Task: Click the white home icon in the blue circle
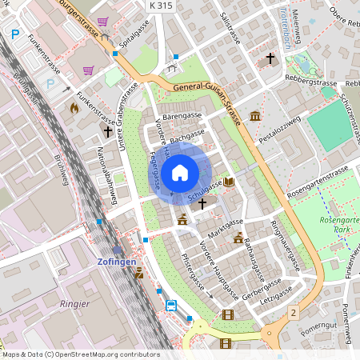[x=180, y=173]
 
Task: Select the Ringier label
[x=75, y=304]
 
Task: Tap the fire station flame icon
[x=74, y=106]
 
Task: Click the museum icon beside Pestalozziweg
[x=255, y=116]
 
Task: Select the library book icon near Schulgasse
[x=230, y=182]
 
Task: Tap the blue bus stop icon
[x=171, y=305]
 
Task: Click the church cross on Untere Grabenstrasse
[x=107, y=130]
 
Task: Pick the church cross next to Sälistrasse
[x=270, y=58]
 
